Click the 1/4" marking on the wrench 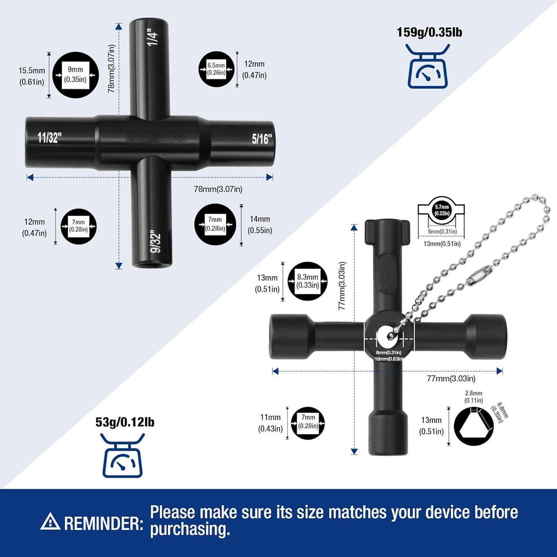pos(153,37)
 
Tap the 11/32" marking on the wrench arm pos(49,138)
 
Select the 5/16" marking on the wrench pos(262,139)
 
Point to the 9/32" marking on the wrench pos(155,242)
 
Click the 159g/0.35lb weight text pos(430,32)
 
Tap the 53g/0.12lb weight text pos(125,422)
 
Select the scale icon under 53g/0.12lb pos(122,455)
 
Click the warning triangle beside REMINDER pos(50,521)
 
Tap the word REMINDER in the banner pos(104,524)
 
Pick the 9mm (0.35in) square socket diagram pos(75,75)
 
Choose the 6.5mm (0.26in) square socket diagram pos(216,69)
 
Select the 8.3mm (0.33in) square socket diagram pos(308,281)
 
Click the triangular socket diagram pos(474,426)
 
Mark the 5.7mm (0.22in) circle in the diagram pos(442,211)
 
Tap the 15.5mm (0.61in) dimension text pos(32,76)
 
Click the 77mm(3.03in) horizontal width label pos(451,379)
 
